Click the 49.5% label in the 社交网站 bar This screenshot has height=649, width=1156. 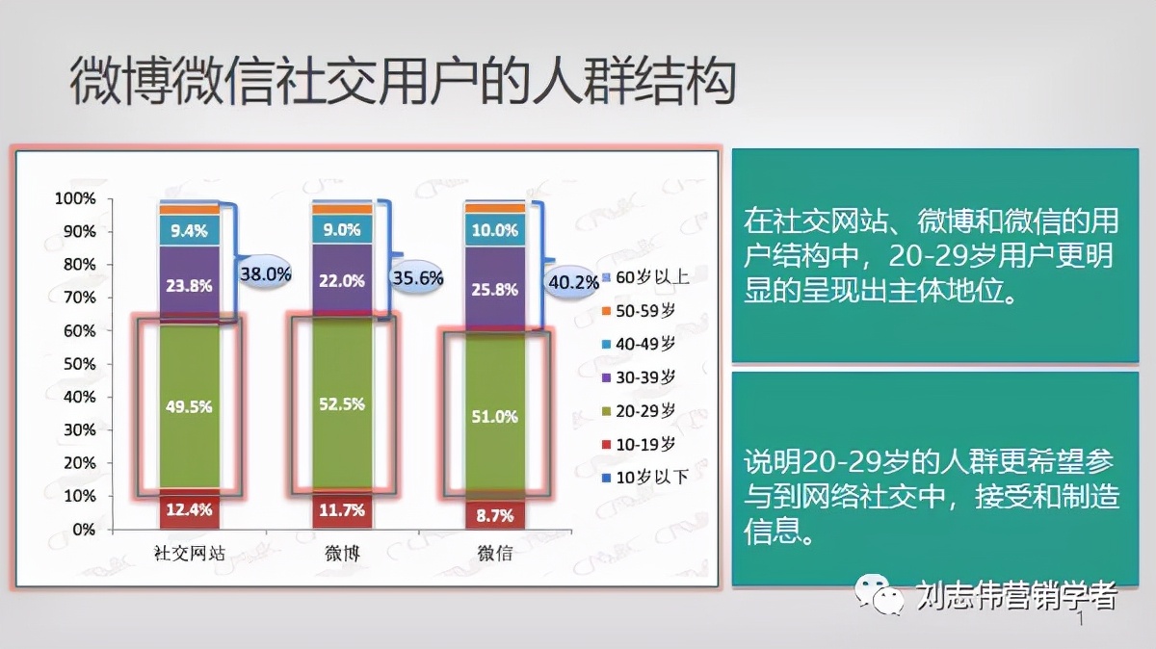point(189,405)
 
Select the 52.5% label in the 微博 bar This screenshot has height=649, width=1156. point(342,404)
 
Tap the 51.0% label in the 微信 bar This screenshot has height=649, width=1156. point(495,416)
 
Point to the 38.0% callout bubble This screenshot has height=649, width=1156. point(265,273)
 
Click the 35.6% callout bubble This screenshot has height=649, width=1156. point(417,277)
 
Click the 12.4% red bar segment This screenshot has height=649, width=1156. point(189,510)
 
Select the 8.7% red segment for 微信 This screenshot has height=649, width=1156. point(495,516)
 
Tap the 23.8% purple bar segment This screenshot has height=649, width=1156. point(189,285)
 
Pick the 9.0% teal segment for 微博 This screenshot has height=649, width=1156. point(342,230)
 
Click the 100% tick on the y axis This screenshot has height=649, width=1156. point(75,198)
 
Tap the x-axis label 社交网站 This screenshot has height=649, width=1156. point(189,555)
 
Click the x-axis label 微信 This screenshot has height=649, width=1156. point(495,555)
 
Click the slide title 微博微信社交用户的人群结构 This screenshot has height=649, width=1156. point(403,82)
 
